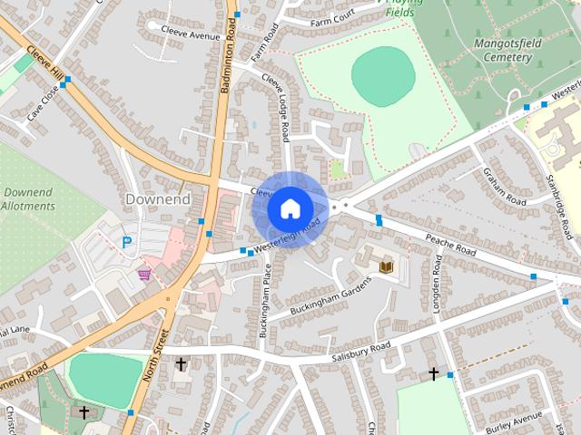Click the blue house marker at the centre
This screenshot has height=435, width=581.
point(289,208)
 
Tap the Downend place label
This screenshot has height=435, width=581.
point(157,198)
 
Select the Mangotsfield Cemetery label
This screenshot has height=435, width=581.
point(502,50)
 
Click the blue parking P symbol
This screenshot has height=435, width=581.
point(127,242)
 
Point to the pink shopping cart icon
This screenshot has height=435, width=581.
point(144,273)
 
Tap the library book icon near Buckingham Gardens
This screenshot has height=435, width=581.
point(386,266)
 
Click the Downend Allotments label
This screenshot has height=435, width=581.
point(29,199)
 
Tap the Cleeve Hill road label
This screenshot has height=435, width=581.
point(44,63)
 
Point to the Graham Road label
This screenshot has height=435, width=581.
point(505,186)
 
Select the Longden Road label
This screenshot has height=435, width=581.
point(437,284)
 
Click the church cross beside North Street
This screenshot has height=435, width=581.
point(181,364)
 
